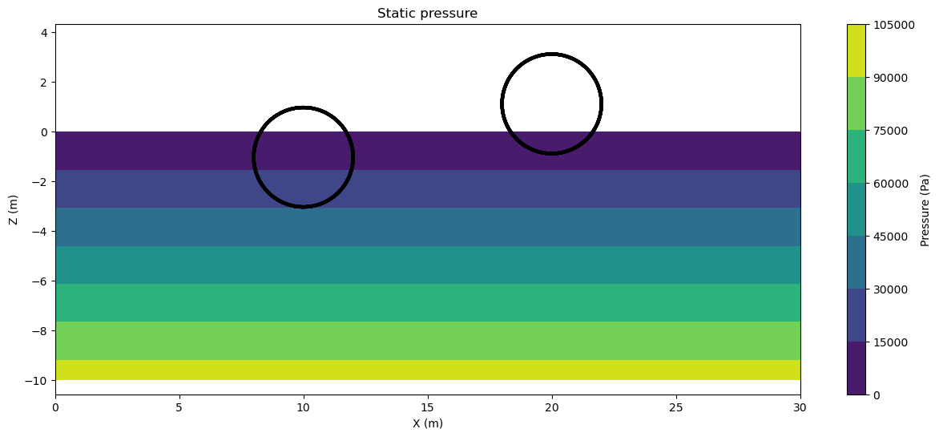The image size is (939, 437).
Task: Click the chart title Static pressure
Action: click(x=427, y=13)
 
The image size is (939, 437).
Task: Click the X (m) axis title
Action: click(x=427, y=423)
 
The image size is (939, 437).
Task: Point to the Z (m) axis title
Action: click(x=14, y=209)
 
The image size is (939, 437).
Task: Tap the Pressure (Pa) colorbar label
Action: click(x=925, y=209)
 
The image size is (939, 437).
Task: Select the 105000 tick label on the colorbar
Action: click(x=893, y=25)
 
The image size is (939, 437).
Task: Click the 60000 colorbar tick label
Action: click(x=890, y=184)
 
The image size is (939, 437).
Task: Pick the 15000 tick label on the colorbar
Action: click(x=890, y=342)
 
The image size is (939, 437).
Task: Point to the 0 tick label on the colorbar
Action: click(x=876, y=395)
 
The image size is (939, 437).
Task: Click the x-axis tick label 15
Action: click(x=427, y=407)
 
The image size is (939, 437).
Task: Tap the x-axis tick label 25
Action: click(x=675, y=407)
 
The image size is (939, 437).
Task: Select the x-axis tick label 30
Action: click(x=800, y=407)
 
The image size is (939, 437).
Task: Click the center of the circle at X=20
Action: click(x=551, y=103)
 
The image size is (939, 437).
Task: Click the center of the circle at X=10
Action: click(x=303, y=157)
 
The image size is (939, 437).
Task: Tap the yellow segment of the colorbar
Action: click(x=856, y=51)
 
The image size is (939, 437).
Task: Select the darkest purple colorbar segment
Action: click(x=856, y=368)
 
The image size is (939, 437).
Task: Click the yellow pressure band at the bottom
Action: click(x=427, y=370)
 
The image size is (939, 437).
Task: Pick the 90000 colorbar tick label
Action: click(x=890, y=78)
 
